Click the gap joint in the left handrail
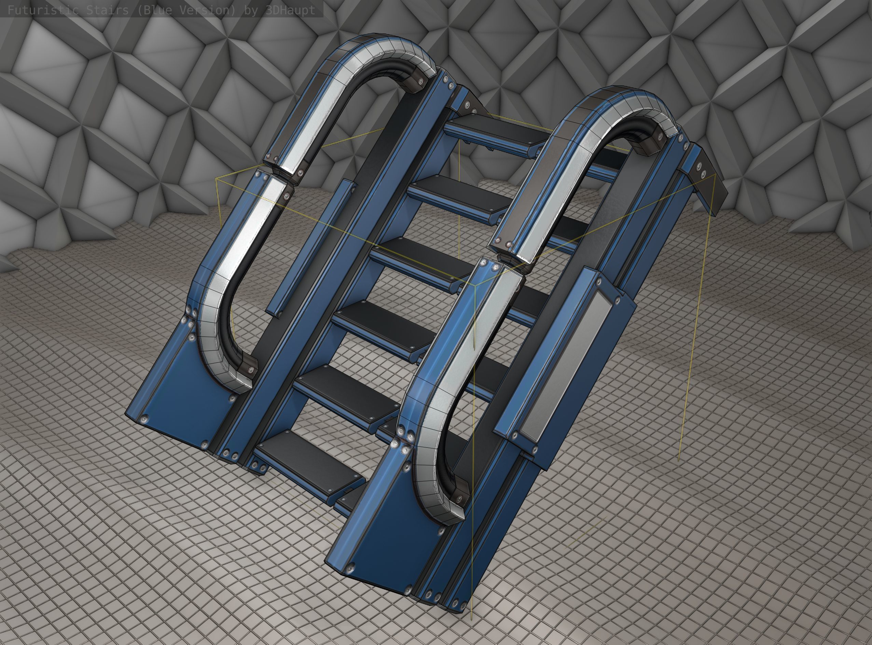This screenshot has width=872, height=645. click(279, 172)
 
